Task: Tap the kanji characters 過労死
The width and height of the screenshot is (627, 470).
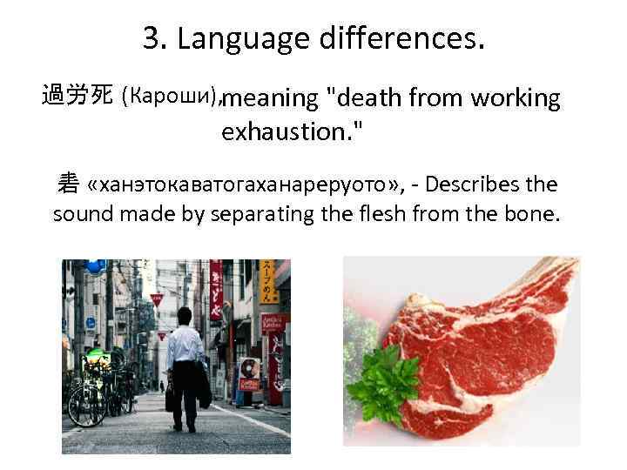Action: (x=77, y=96)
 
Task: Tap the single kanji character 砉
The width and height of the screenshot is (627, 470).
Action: (x=68, y=184)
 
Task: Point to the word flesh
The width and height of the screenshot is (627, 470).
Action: (x=388, y=214)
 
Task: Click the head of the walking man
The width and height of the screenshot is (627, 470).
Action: (x=184, y=315)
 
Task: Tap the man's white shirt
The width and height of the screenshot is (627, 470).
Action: (x=185, y=346)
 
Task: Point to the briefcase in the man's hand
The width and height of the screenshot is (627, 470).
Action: (x=170, y=401)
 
